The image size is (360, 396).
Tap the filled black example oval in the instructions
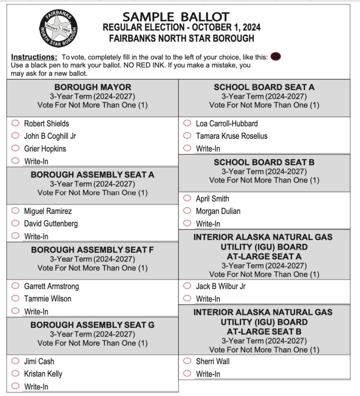tap(276, 57)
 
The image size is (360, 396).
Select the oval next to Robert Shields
tap(15, 123)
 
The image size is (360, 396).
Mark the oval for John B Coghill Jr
tap(15, 136)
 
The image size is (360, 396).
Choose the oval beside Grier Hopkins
tap(15, 148)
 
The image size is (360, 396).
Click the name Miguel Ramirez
tap(48, 211)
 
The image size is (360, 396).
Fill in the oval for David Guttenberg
tap(15, 223)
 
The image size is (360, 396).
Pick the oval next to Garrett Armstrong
tap(15, 286)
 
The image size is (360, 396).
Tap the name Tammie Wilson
tap(48, 298)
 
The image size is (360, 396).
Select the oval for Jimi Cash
tap(15, 361)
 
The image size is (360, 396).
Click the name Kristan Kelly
tap(43, 374)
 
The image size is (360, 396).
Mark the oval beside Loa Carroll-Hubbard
tap(187, 123)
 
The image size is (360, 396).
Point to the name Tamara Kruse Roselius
tap(232, 136)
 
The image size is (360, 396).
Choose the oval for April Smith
tap(187, 198)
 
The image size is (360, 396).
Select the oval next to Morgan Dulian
tap(187, 211)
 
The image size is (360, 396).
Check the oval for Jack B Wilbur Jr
tap(187, 286)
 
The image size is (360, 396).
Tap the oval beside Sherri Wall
tap(187, 361)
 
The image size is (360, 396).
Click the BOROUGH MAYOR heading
tap(93, 87)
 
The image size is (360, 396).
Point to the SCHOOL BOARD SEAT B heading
tap(264, 162)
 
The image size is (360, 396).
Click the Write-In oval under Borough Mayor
tap(15, 161)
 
